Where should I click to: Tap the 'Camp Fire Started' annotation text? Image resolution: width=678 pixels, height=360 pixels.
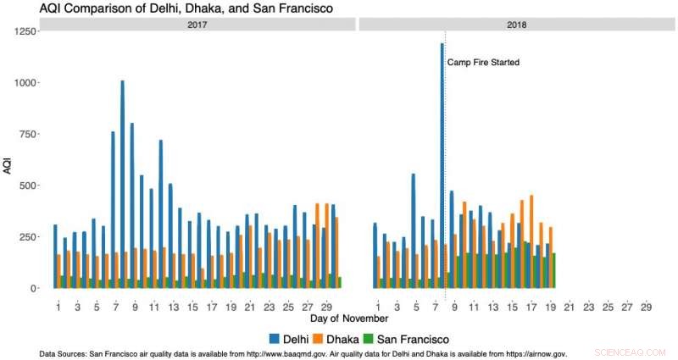click(484, 63)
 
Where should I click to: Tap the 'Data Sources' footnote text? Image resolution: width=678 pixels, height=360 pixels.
click(303, 353)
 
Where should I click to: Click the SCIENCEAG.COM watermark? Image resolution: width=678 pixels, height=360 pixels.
click(631, 350)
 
